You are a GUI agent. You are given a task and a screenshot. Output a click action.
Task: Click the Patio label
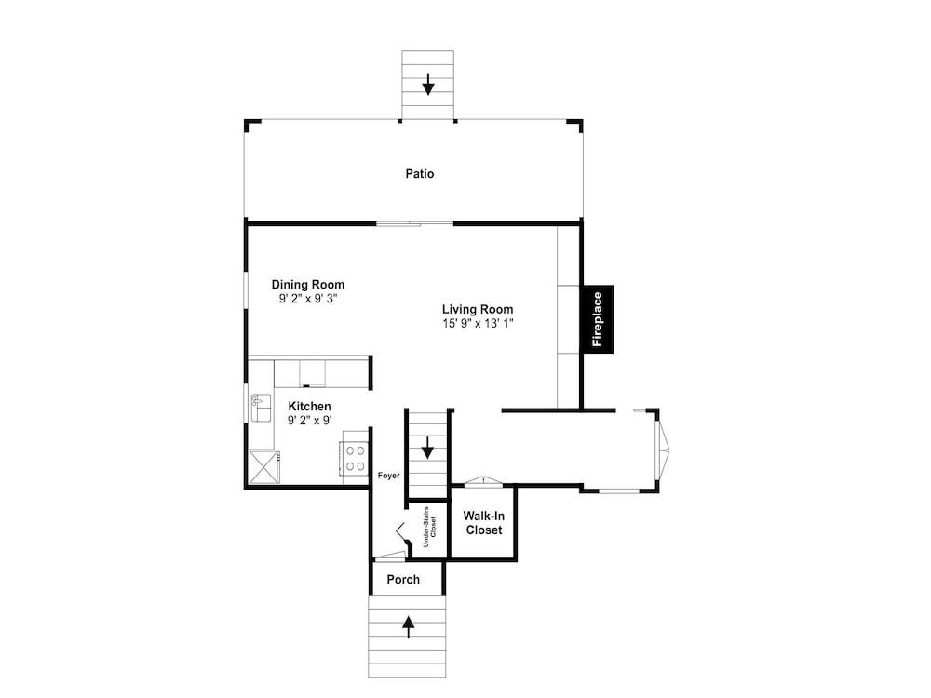(419, 174)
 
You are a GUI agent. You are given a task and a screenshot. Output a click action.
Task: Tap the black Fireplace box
(598, 319)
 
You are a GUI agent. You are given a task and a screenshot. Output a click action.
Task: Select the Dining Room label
(307, 284)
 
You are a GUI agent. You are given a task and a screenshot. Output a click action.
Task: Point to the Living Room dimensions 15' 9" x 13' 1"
(478, 324)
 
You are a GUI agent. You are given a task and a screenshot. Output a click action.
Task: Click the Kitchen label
(309, 407)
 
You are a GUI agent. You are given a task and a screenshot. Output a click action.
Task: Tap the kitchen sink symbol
(261, 408)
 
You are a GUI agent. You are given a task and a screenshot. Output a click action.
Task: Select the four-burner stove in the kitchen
(355, 458)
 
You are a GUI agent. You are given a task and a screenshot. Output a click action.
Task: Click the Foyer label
(389, 476)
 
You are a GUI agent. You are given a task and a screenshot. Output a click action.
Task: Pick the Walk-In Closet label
(484, 523)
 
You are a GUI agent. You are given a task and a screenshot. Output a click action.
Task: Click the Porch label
(403, 579)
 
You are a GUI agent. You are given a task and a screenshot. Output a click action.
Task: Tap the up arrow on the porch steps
(409, 626)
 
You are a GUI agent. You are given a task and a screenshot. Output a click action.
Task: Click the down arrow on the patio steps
(428, 85)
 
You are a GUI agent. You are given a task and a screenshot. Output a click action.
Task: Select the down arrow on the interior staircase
(427, 448)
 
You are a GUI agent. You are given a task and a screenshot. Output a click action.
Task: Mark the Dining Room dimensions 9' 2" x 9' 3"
(308, 299)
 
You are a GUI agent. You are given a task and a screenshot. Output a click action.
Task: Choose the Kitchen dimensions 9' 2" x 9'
(309, 421)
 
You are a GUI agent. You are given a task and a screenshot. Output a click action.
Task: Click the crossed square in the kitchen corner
(264, 468)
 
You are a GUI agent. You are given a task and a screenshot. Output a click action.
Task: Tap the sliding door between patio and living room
(415, 223)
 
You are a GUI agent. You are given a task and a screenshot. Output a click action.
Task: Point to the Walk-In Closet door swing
(484, 481)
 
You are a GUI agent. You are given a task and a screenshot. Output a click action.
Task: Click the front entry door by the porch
(390, 557)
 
